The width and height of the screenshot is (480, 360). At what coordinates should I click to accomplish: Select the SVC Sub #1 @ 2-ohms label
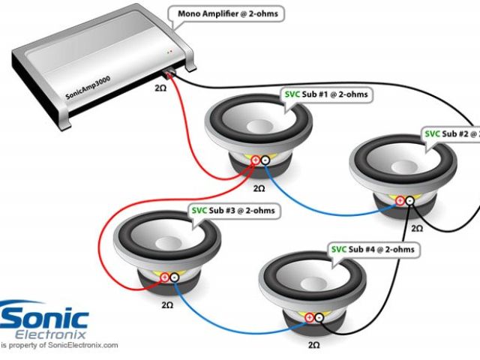pos(328,95)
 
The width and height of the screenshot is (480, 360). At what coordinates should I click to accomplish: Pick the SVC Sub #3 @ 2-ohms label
pos(232,211)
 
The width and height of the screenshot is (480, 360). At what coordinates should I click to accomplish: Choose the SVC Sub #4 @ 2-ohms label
pos(373,248)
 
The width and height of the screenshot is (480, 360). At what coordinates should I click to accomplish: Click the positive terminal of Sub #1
pos(255,160)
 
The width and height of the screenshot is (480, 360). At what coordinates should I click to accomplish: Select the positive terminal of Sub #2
pos(400,200)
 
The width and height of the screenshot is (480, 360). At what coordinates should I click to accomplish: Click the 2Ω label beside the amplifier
pos(160,88)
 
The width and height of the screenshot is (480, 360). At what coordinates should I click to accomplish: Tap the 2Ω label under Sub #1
pos(259,188)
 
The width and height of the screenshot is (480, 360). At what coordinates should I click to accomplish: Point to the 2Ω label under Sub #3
pos(168,306)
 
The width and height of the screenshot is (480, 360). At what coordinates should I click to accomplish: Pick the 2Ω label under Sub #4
pos(313,344)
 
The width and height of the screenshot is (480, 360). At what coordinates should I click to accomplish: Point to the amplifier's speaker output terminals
pos(170,74)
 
